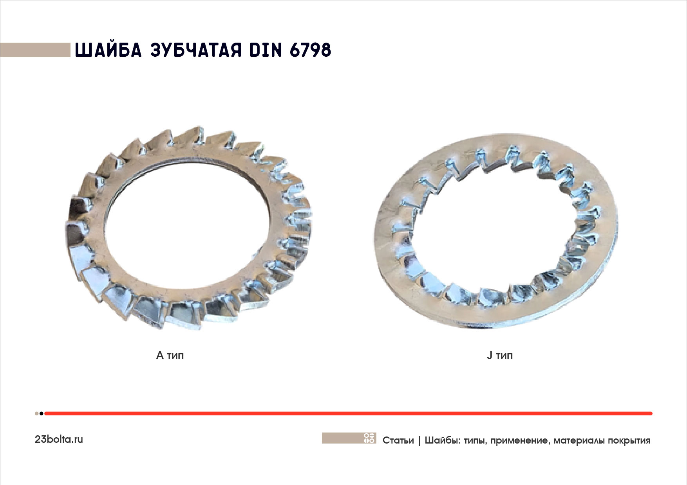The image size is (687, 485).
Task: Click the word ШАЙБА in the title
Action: click(108, 50)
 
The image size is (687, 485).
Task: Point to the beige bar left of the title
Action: click(35, 50)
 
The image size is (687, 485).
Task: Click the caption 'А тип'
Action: click(170, 356)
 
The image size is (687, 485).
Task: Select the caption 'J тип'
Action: click(499, 356)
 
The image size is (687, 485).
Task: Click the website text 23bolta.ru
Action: click(59, 439)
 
